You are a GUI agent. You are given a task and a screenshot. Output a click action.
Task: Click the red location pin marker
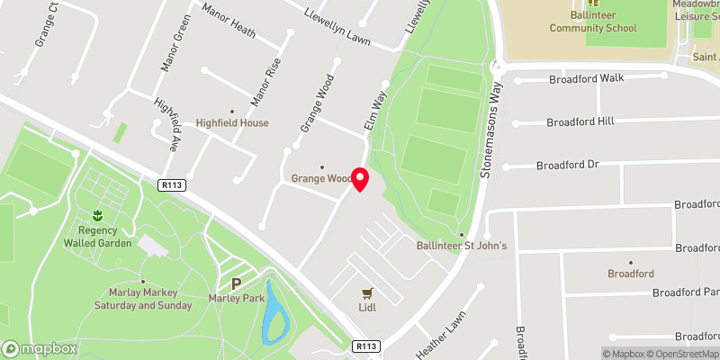tap(360, 179)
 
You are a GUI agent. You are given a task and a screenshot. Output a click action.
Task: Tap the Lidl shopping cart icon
tap(367, 293)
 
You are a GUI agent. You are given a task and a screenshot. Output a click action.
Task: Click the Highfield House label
tap(233, 122)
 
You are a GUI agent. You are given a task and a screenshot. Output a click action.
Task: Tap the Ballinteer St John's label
tap(463, 246)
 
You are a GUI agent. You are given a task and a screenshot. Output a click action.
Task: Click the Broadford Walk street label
tap(587, 78)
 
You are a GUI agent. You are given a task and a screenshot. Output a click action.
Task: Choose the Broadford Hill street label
tap(586, 121)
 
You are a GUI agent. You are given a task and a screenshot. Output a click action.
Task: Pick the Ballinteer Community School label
tap(594, 22)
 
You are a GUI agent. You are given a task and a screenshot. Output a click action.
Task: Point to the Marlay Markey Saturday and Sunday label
tap(143, 299)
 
